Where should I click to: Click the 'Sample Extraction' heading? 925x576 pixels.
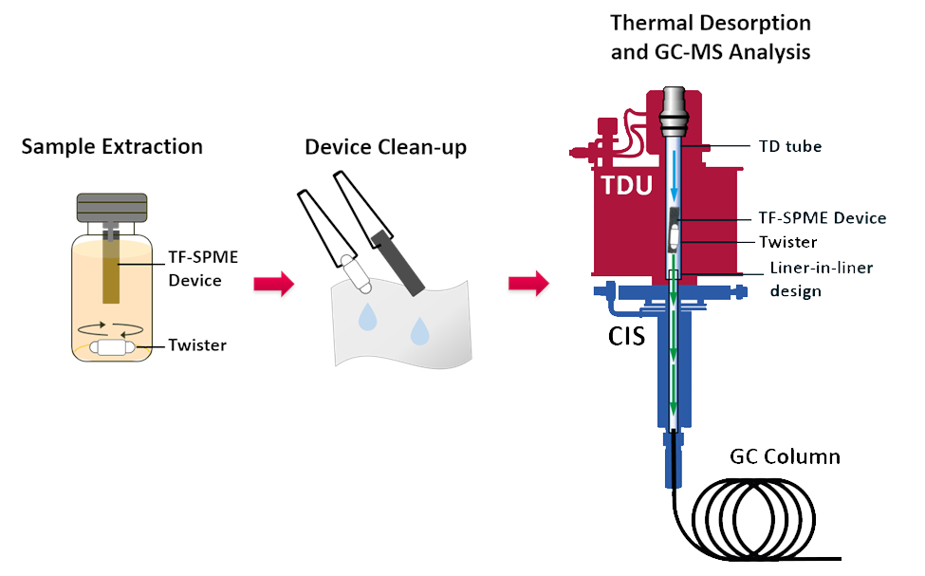pos(112,146)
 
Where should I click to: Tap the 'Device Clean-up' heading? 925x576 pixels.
pos(385,147)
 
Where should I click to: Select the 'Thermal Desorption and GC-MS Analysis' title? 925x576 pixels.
pos(711,37)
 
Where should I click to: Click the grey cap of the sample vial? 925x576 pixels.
pos(112,208)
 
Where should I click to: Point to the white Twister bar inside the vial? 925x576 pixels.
pos(112,347)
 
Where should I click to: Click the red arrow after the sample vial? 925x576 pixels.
pos(274,284)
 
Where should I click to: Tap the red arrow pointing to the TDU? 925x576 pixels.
pos(528,284)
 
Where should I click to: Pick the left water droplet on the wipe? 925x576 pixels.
pos(367,317)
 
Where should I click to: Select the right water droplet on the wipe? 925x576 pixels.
pos(420,331)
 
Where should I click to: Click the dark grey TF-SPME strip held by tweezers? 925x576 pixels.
pos(398,263)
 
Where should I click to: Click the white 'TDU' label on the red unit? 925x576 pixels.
pos(627,185)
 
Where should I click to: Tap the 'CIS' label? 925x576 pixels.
pos(626,336)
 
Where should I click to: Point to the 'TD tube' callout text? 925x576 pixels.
pos(790,146)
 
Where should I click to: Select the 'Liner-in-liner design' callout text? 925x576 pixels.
pos(822,279)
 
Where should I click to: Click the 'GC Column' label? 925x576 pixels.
pos(785,456)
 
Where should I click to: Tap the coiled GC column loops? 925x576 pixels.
pos(753,519)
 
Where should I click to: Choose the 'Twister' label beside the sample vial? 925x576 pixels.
pos(197,344)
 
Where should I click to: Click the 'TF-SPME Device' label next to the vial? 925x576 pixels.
pos(203,269)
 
